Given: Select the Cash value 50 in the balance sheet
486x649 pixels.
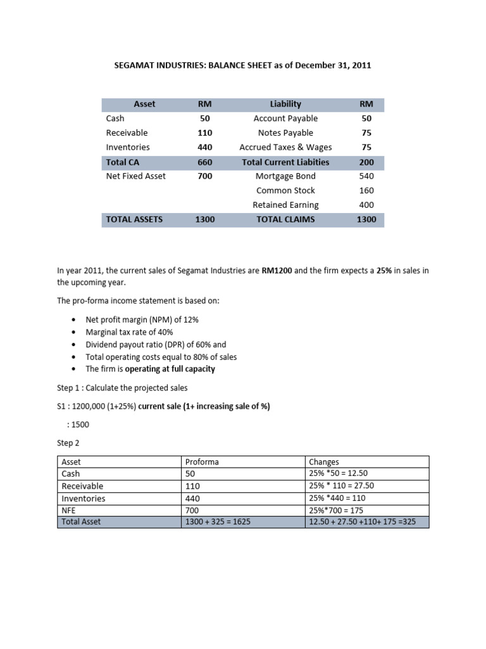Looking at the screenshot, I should click(x=204, y=119).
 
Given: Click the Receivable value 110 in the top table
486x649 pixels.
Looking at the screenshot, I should click(x=204, y=133).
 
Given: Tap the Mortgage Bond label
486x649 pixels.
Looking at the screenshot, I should click(x=285, y=176).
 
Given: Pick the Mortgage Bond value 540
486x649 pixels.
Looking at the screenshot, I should click(x=366, y=176).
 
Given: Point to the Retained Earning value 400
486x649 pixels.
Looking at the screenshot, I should click(x=366, y=205).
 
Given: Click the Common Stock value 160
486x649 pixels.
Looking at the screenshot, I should click(x=366, y=190).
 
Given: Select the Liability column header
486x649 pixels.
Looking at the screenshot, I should click(x=285, y=104).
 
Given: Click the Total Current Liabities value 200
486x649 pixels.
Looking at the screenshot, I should click(x=366, y=162).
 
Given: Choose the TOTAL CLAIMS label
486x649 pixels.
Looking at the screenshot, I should click(x=285, y=219).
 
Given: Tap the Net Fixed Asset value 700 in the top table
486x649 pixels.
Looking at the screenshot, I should click(x=204, y=176).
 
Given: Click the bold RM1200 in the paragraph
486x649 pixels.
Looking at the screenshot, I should click(x=277, y=271).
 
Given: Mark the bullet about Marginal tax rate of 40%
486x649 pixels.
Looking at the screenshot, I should click(x=129, y=332).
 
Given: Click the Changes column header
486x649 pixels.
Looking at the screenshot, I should click(x=324, y=461).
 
